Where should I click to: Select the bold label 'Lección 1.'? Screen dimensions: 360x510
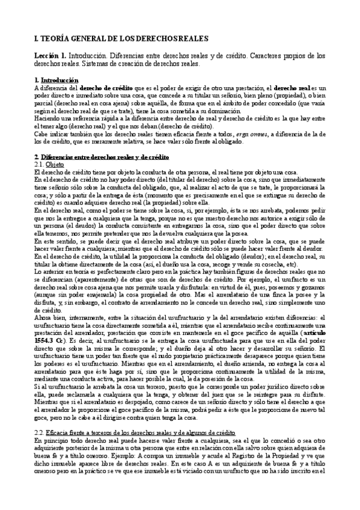(50, 55)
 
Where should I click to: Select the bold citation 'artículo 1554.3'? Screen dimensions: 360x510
(319, 332)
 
